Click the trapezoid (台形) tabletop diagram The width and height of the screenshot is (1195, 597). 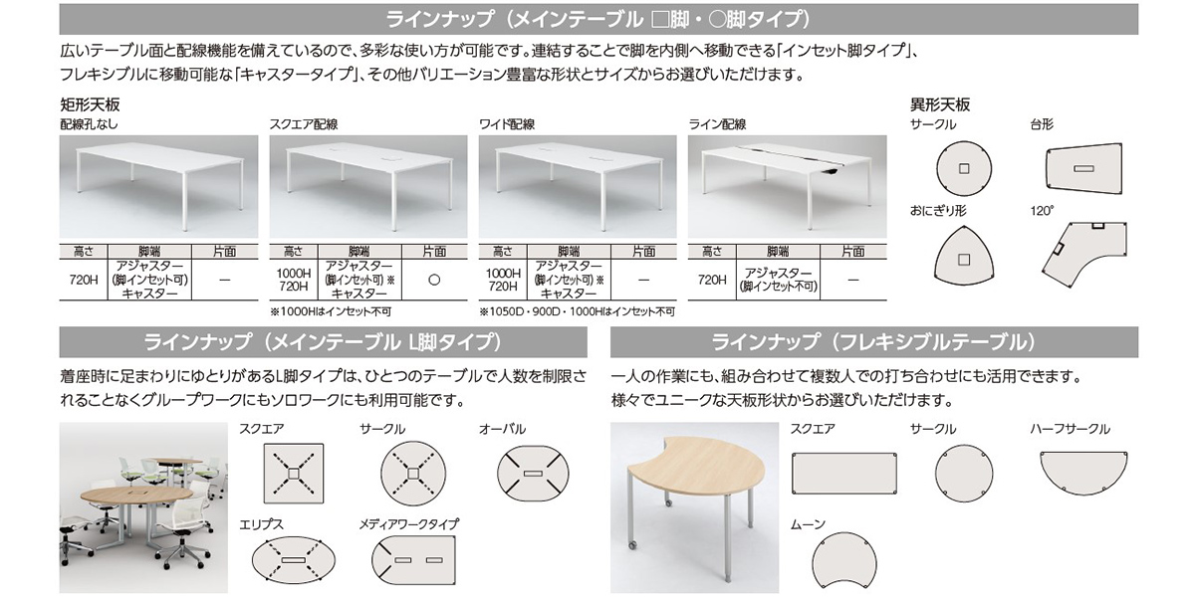[1083, 168]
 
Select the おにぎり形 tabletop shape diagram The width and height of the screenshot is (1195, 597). [964, 257]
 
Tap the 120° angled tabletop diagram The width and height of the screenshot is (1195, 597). [1084, 253]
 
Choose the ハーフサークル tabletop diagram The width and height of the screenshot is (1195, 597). [1083, 473]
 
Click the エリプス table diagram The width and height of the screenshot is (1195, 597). [294, 560]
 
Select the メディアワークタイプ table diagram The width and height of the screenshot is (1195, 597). [413, 560]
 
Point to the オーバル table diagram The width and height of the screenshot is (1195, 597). [533, 474]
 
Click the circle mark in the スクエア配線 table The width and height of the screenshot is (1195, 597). [434, 280]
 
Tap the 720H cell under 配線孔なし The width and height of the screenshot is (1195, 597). [84, 280]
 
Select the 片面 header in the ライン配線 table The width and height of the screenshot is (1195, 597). [853, 252]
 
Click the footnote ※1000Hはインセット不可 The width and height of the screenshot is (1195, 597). [331, 311]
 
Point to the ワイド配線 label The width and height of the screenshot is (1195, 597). [507, 124]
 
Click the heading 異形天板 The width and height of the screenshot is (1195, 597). [940, 104]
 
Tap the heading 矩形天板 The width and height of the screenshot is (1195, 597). [91, 104]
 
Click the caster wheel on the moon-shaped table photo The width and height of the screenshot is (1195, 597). [632, 545]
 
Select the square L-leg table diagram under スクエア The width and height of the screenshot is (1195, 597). [294, 474]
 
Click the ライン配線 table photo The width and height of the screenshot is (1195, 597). [788, 187]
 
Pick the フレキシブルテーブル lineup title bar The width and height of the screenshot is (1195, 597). [874, 342]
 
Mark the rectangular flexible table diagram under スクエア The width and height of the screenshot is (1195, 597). [844, 474]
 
